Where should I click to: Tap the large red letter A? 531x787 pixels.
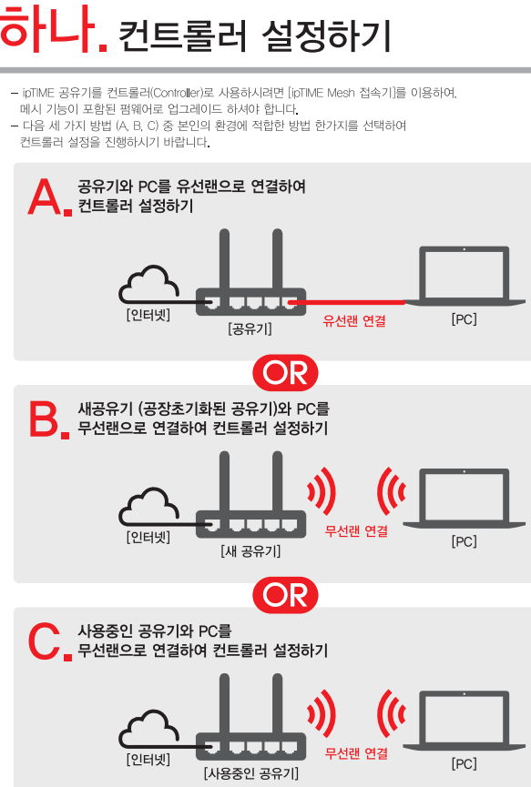click(x=45, y=197)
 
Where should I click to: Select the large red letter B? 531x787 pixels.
click(x=45, y=419)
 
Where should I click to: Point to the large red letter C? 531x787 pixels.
click(x=45, y=641)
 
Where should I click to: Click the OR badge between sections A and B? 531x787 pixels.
click(x=285, y=373)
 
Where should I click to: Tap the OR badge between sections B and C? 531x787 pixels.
click(x=285, y=595)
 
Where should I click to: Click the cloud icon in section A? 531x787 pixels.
click(x=149, y=284)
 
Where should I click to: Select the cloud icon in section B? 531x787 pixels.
click(x=149, y=506)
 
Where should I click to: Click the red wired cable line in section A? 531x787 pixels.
click(x=347, y=302)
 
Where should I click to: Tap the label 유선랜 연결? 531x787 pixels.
click(x=354, y=321)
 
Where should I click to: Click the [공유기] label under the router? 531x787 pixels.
click(x=250, y=329)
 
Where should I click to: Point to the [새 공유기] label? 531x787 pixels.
click(x=250, y=551)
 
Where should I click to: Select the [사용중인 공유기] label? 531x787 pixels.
click(x=250, y=773)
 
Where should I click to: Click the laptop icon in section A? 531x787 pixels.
click(x=465, y=276)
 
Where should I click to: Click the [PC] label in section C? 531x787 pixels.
click(x=464, y=764)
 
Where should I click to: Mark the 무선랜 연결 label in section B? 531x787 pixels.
click(x=356, y=531)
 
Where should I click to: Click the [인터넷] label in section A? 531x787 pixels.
click(x=148, y=315)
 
